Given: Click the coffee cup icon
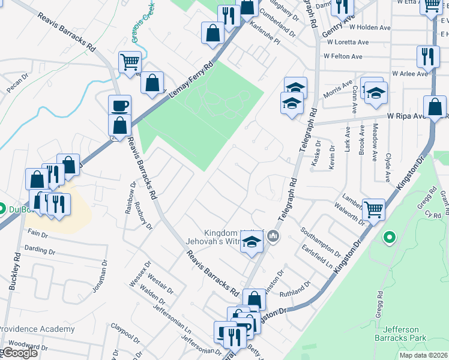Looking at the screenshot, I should [119, 105].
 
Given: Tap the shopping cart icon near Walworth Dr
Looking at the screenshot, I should [373, 209].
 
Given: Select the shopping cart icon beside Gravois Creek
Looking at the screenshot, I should [130, 61].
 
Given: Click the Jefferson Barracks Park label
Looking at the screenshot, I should [404, 333].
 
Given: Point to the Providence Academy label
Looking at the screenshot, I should [37, 329].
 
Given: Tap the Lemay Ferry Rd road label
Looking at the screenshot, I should [192, 82].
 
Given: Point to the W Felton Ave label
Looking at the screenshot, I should [343, 56].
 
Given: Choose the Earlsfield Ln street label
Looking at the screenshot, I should [318, 256].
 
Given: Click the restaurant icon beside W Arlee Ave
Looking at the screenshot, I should [427, 57].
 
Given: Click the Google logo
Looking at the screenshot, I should [19, 353].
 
